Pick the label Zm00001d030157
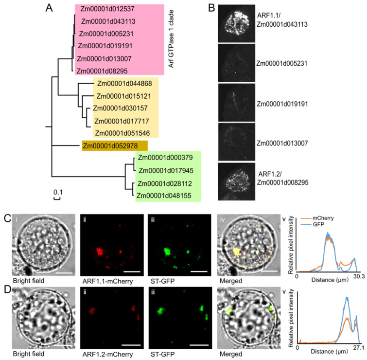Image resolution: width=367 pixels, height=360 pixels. point(120,108)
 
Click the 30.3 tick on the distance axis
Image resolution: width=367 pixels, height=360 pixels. point(356,280)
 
